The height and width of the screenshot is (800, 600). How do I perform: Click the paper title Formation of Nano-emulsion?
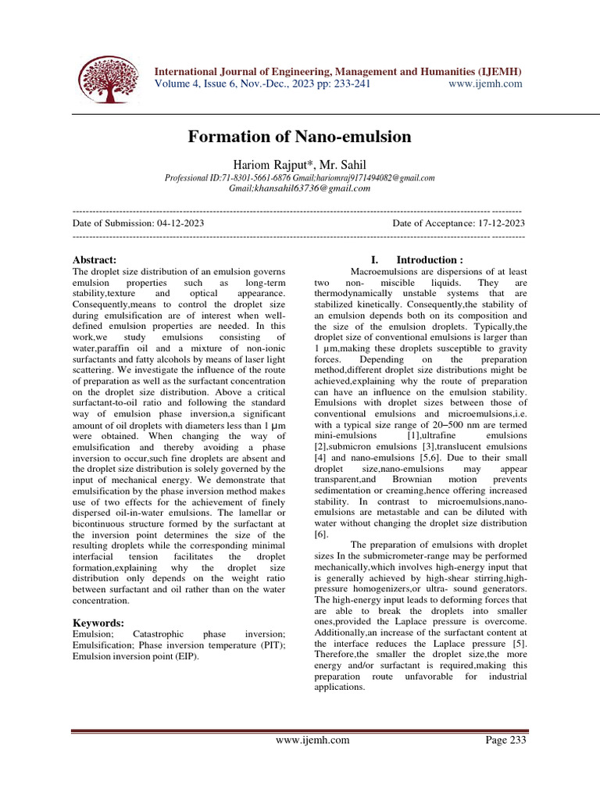pos(299,137)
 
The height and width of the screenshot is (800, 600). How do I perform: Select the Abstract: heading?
pos(95,259)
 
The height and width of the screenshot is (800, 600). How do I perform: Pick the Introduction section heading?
pos(429,259)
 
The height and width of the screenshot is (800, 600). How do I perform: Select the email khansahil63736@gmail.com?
pos(299,188)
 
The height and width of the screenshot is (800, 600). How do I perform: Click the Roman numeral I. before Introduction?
pos(375,259)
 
